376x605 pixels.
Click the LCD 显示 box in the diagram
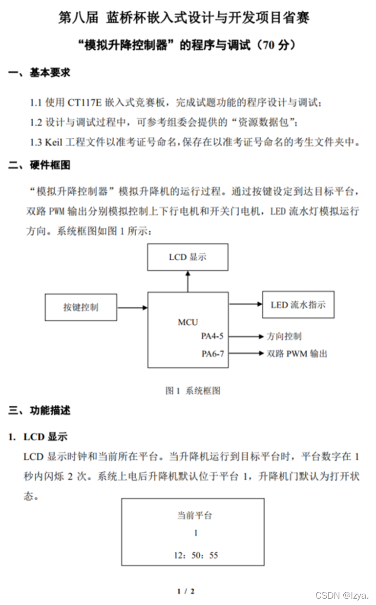(x=188, y=257)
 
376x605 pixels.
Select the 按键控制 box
(x=81, y=307)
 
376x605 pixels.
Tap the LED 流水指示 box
(x=298, y=305)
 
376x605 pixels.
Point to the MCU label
(x=188, y=322)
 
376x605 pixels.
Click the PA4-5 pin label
(x=212, y=336)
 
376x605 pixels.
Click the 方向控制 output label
(x=284, y=336)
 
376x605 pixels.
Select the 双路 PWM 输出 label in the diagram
(x=297, y=354)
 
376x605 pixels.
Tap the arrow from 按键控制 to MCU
(x=132, y=308)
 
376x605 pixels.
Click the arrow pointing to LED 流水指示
(x=246, y=304)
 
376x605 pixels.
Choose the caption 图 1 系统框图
(x=193, y=391)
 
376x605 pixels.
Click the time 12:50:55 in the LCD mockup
(x=196, y=555)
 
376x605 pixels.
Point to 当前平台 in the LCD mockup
(x=194, y=515)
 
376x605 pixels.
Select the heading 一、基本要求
(x=40, y=73)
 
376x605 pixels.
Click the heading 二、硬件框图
(x=40, y=165)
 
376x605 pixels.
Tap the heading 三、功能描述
(x=40, y=411)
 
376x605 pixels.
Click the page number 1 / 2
(x=186, y=591)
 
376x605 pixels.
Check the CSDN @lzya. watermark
(x=342, y=595)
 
